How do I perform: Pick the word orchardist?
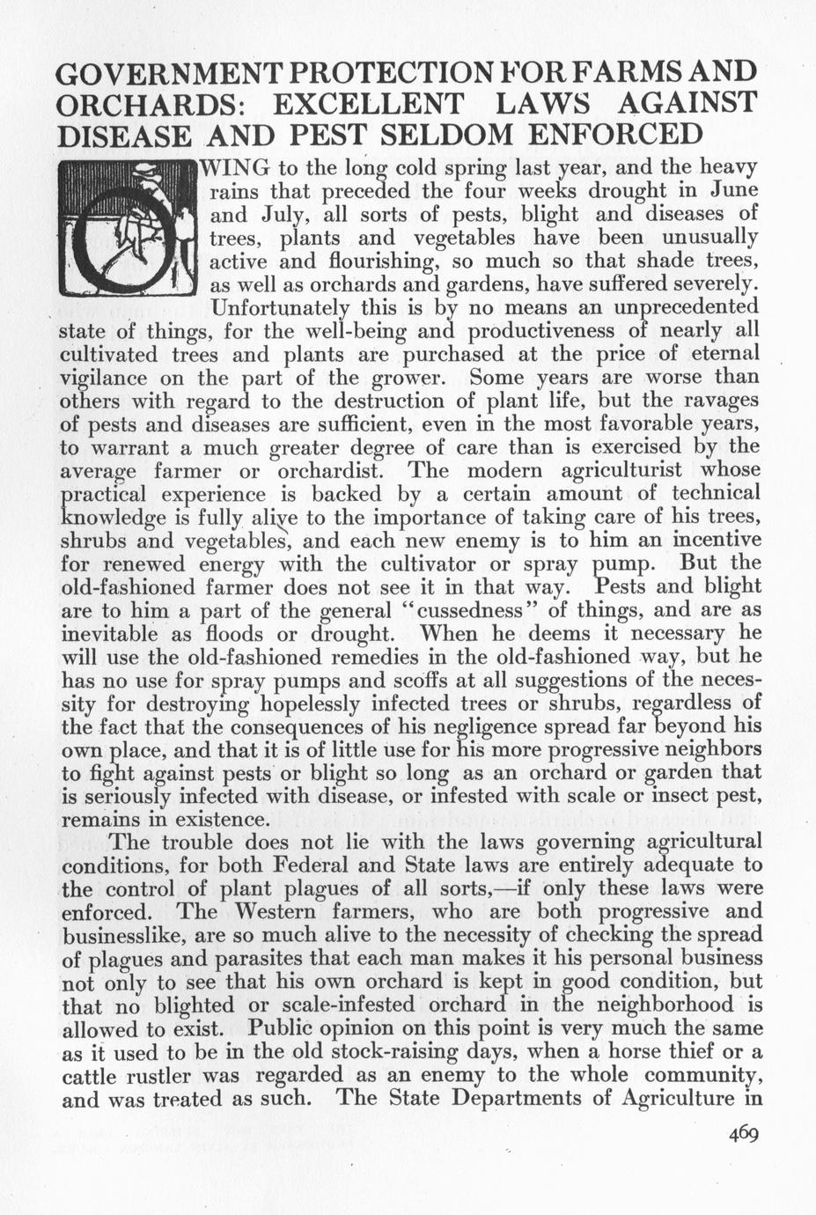pyautogui.click(x=333, y=471)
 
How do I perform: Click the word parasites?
pyautogui.click(x=261, y=958)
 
